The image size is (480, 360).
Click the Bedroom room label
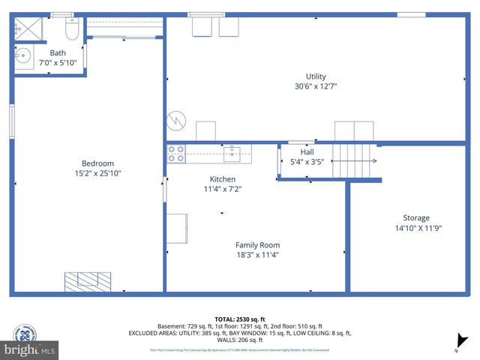coord(97,163)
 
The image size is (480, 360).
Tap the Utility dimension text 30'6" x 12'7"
coord(316,86)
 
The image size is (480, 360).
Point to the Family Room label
coord(257,245)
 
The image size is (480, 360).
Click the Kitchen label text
coord(223,179)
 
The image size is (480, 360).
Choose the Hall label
coord(307,152)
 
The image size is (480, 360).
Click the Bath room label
coord(58,53)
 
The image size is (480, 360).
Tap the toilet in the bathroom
coord(72,31)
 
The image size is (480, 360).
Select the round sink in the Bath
coord(24,56)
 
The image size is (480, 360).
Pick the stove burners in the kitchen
coord(176,154)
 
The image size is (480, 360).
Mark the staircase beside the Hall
coord(352,160)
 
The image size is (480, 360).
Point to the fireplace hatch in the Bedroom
coord(88,281)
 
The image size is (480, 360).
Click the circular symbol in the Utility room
coord(175,120)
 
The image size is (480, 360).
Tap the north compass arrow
coord(462,341)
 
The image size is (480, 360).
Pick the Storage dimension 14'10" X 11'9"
coord(418,229)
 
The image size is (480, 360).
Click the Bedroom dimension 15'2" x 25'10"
coord(97,173)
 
